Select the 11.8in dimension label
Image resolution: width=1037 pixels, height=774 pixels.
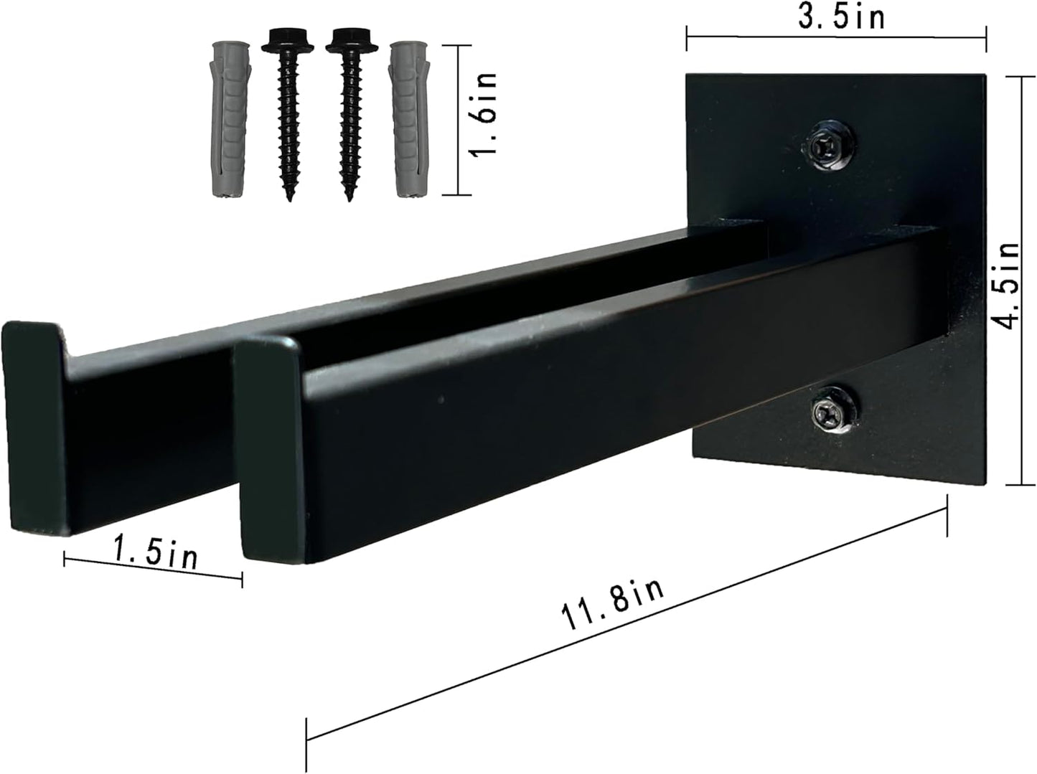(x=614, y=605)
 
